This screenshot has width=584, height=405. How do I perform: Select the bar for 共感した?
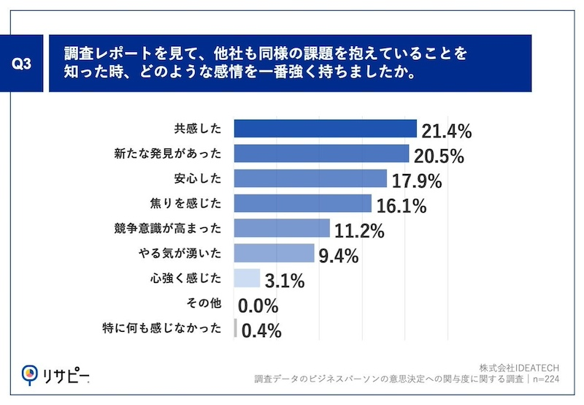pyautogui.click(x=325, y=129)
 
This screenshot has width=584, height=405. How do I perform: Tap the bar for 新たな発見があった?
pyautogui.click(x=321, y=154)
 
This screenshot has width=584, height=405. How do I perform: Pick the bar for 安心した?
pyautogui.click(x=310, y=178)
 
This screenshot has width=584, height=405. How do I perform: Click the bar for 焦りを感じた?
pyautogui.click(x=303, y=203)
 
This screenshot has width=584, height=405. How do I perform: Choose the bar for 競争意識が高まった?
pyautogui.click(x=282, y=228)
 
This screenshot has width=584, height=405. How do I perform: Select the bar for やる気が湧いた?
pyautogui.click(x=274, y=254)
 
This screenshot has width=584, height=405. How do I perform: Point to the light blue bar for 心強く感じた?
pyautogui.click(x=247, y=279)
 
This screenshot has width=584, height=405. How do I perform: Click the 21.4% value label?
pyautogui.click(x=447, y=132)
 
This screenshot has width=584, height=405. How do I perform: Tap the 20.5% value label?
pyautogui.click(x=439, y=156)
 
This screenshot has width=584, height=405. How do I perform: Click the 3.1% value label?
pyautogui.click(x=285, y=281)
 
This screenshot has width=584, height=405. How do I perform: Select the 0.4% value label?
pyautogui.click(x=261, y=331)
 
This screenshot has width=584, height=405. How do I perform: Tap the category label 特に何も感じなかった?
pyautogui.click(x=162, y=328)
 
